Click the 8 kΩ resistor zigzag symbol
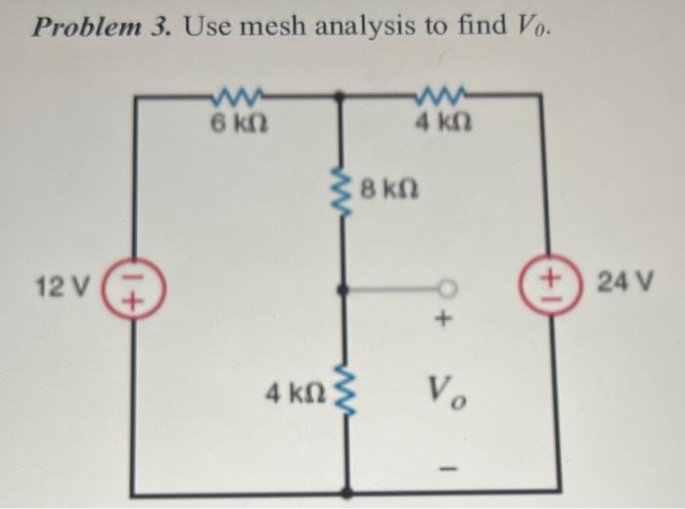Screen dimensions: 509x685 (341, 194)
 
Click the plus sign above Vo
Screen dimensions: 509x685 (444, 318)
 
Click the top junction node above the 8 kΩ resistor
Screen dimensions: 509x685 (340, 96)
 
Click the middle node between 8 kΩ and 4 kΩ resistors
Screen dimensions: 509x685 (340, 291)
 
